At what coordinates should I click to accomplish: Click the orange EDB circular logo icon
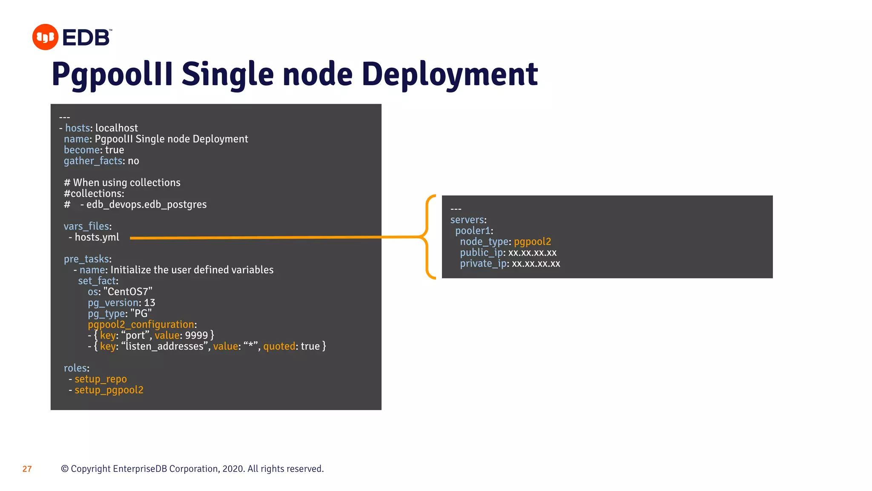pos(45,37)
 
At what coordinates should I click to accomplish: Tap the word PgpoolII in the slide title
pos(112,74)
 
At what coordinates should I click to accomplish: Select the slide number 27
pos(27,469)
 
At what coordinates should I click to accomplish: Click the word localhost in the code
pos(117,128)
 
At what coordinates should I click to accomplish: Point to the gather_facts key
pos(93,161)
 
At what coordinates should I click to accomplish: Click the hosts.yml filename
pos(97,237)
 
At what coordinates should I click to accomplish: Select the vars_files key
pos(86,226)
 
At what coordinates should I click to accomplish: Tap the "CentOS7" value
pos(128,292)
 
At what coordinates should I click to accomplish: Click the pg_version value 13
pos(149,303)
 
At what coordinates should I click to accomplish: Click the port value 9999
pos(196,335)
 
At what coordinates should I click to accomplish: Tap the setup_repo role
pos(101,379)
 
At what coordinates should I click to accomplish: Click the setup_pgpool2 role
pos(109,390)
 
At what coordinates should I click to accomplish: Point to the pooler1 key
pos(473,231)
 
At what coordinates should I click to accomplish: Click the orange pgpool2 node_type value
pos(532,242)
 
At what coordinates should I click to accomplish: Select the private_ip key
pos(483,264)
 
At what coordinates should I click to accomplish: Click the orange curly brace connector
pos(428,237)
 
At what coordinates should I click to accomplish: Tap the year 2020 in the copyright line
pos(233,469)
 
